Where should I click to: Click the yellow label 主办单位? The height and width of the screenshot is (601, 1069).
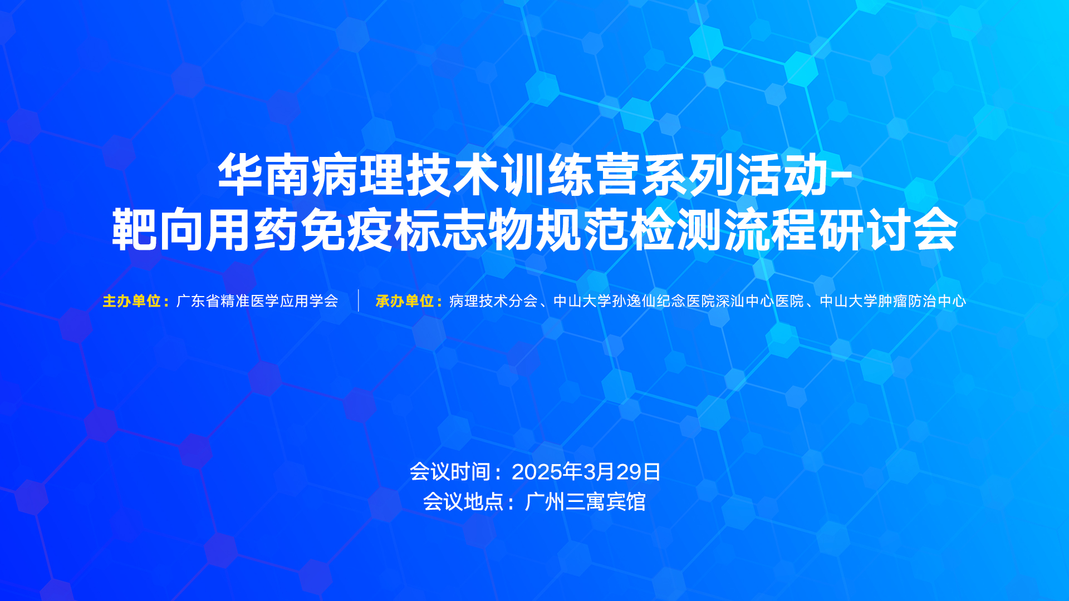pyautogui.click(x=132, y=301)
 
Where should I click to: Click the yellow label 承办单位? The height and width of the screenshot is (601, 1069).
pyautogui.click(x=405, y=301)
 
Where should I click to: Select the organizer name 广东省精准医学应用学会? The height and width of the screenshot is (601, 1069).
pyautogui.click(x=257, y=301)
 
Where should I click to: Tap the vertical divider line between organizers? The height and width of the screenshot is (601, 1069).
pyautogui.click(x=359, y=300)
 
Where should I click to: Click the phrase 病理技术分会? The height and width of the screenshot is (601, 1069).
pyautogui.click(x=493, y=301)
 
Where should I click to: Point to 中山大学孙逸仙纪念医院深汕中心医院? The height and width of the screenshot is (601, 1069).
pyautogui.click(x=679, y=301)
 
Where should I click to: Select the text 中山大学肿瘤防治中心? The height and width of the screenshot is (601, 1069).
pyautogui.click(x=893, y=301)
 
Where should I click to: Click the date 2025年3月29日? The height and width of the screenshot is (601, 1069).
pyautogui.click(x=586, y=472)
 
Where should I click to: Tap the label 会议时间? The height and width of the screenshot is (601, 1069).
pyautogui.click(x=450, y=472)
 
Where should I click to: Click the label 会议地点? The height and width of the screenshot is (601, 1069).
pyautogui.click(x=463, y=502)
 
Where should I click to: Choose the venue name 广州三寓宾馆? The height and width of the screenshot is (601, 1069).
pyautogui.click(x=585, y=502)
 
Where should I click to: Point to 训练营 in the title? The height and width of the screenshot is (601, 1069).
pyautogui.click(x=571, y=175)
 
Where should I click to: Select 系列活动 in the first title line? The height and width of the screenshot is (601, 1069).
pyautogui.click(x=735, y=175)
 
